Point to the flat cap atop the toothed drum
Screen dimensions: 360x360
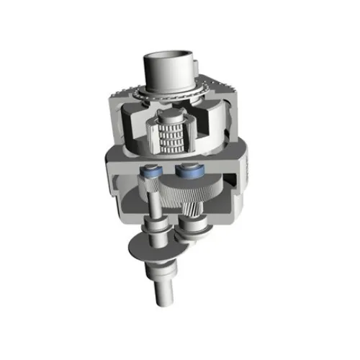(x=171, y=116)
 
